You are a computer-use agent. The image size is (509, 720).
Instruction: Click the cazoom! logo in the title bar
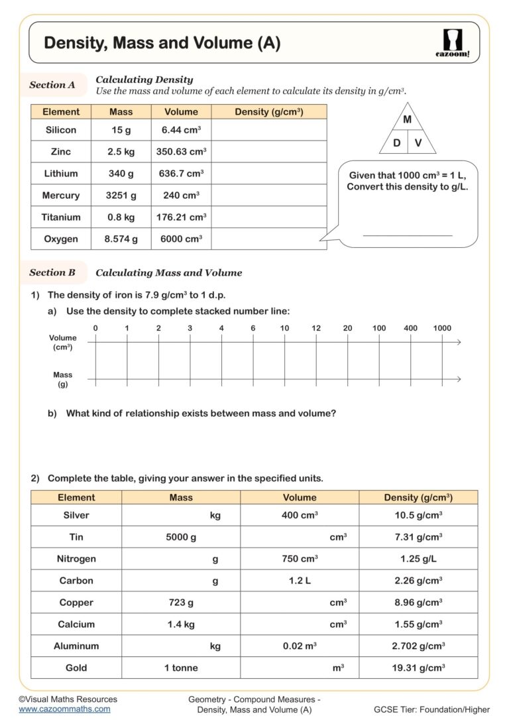tap(455, 43)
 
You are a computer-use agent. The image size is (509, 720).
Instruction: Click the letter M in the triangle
tap(407, 120)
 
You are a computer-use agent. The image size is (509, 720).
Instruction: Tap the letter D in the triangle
tap(396, 143)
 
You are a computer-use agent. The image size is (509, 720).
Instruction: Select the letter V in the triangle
tap(418, 143)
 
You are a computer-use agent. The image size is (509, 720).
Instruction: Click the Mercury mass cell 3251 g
tap(121, 196)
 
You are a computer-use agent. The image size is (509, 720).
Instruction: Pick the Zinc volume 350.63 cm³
tap(181, 152)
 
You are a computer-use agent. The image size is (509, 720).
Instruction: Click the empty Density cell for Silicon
tap(268, 131)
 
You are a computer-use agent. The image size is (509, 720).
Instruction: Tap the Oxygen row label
tap(61, 239)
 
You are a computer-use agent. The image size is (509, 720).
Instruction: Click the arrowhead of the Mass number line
tap(458, 380)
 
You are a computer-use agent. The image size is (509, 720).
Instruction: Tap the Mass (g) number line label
tap(63, 379)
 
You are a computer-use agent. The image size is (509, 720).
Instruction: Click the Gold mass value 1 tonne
tap(181, 668)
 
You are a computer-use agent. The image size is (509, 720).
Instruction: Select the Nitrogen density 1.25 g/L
tap(418, 559)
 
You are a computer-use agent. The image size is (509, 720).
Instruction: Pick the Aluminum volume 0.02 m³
tap(300, 646)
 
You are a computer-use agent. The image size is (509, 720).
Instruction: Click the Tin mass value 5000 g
tap(181, 537)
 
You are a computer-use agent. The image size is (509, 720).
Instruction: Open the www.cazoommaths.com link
tap(64, 709)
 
